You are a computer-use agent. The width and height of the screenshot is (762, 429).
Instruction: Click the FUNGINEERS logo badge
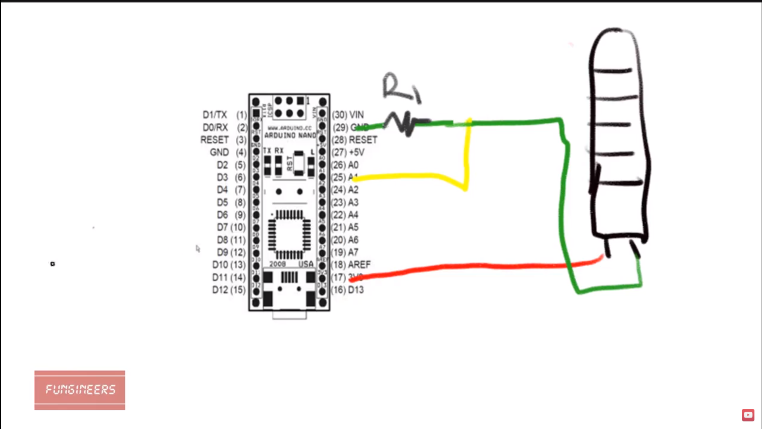click(x=79, y=390)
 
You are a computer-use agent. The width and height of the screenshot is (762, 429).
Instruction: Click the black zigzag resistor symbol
click(x=405, y=123)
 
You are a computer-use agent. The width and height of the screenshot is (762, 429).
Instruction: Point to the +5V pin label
click(x=356, y=152)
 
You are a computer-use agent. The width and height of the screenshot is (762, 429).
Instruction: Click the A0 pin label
click(x=353, y=165)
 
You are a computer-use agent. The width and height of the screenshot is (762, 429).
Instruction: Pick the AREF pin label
click(x=359, y=265)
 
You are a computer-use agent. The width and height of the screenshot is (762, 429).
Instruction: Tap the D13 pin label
click(x=356, y=290)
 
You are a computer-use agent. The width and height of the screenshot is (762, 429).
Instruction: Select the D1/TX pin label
click(x=215, y=115)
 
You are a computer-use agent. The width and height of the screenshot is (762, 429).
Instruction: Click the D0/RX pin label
click(x=215, y=128)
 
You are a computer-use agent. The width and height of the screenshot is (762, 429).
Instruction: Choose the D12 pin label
click(x=220, y=290)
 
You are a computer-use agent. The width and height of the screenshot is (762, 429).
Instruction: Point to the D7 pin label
click(x=222, y=227)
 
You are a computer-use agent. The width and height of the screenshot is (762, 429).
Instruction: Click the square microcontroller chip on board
click(x=289, y=234)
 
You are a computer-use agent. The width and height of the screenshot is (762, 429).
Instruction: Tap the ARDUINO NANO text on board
click(x=290, y=135)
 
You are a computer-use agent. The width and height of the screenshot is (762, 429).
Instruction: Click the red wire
click(x=476, y=266)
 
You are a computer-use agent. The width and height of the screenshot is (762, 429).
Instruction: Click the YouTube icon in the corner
click(x=748, y=415)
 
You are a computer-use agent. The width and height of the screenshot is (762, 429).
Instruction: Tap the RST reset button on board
click(x=298, y=163)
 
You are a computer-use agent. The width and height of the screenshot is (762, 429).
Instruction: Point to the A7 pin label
click(x=353, y=252)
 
